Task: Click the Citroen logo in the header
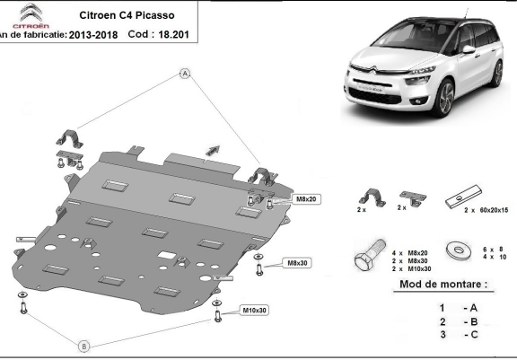point(31,16)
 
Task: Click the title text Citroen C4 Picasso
point(127,15)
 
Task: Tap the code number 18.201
point(173,34)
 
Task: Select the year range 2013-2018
point(93,35)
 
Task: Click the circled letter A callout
point(185,74)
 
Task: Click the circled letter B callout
point(84,347)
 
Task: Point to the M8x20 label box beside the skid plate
point(306,198)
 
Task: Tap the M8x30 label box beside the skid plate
point(297,263)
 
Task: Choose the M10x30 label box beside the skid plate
point(254,311)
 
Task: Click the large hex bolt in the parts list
point(369,254)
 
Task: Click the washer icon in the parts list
point(459,250)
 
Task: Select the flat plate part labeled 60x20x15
point(463,197)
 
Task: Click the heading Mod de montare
point(443,285)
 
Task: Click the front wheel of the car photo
point(443,97)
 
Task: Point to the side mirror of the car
point(469,49)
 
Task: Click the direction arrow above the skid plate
point(213,150)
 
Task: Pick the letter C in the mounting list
point(474,335)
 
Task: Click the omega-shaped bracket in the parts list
point(372,198)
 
